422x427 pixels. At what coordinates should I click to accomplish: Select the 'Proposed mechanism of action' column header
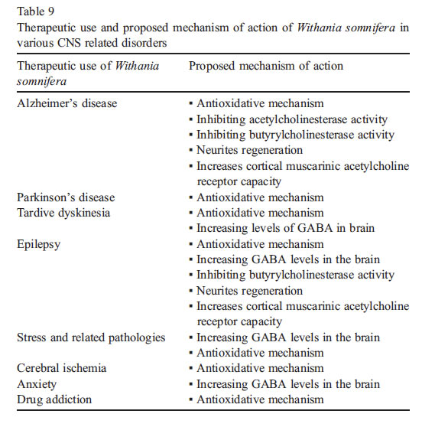pos(266,66)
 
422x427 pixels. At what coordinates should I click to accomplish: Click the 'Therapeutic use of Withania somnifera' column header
pos(88,73)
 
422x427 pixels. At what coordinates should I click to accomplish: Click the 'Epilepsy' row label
pos(39,243)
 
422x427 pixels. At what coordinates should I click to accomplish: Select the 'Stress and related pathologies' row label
pos(91,337)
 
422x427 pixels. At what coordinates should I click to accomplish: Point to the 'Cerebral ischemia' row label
pos(61,368)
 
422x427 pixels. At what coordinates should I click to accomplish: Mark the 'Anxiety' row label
pos(37,383)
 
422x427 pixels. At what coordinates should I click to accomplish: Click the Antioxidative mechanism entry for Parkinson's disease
pos(260,197)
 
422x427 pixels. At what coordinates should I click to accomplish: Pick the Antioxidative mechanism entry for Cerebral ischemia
pos(260,368)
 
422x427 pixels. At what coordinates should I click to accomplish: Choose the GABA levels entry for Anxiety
pos(288,383)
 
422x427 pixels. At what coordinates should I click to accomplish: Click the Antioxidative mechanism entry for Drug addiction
pos(260,399)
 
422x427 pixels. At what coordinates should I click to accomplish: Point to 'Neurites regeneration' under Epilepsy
pos(249,290)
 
